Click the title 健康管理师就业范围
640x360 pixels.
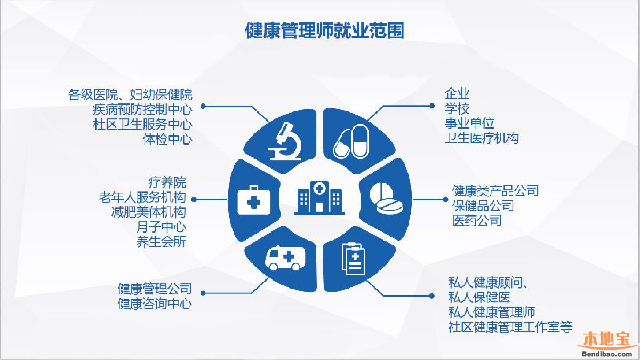(325, 30)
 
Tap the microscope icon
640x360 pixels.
(285, 141)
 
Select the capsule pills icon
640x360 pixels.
(351, 141)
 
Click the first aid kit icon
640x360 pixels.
(254, 200)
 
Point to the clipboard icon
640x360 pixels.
(354, 259)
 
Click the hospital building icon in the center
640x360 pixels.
(319, 198)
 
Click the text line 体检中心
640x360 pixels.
(167, 139)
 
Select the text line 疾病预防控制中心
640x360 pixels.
(142, 109)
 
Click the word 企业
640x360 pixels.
(457, 94)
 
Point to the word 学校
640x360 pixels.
(457, 109)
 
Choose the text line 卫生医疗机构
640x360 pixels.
(482, 139)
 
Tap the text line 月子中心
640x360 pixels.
(161, 227)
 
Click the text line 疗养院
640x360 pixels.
(167, 182)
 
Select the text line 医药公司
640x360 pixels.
(477, 221)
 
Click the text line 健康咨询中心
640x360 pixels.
(155, 303)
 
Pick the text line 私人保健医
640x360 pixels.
(479, 298)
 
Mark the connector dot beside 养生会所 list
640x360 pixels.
(194, 199)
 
